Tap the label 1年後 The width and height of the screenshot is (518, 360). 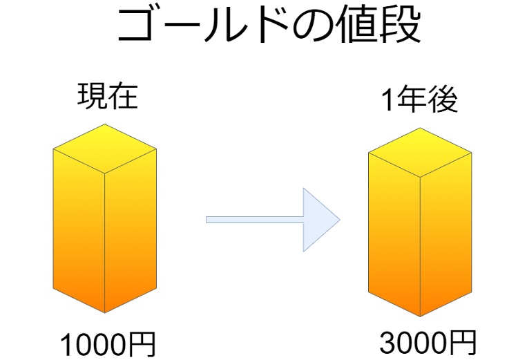[x=420, y=102]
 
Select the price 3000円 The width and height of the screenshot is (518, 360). [x=428, y=341]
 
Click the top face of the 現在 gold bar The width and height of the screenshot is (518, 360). [x=105, y=148]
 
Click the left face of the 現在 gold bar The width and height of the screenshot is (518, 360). [x=79, y=228]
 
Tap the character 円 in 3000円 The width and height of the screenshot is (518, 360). [x=462, y=341]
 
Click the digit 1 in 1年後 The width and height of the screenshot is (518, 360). [x=387, y=102]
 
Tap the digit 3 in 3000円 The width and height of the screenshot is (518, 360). [x=387, y=342]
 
